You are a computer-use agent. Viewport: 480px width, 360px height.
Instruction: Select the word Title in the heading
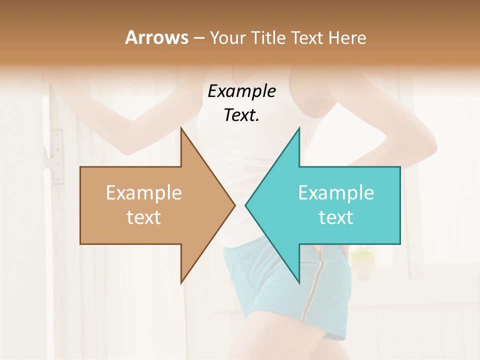[x=269, y=37]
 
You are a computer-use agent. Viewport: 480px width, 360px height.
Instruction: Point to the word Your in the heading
[x=228, y=37]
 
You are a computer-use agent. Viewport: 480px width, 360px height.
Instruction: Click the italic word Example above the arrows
[x=241, y=91]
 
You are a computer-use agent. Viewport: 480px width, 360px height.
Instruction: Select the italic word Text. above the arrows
[x=241, y=115]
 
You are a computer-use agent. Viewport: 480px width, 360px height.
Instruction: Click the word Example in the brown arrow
[x=144, y=193]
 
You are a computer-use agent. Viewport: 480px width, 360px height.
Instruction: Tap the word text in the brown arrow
[x=144, y=217]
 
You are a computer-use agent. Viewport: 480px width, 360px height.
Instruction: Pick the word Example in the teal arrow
[x=336, y=193]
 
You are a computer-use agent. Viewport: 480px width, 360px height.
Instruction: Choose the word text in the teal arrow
[x=336, y=217]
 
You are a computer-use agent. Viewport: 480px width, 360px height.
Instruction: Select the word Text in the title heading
[x=307, y=37]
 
